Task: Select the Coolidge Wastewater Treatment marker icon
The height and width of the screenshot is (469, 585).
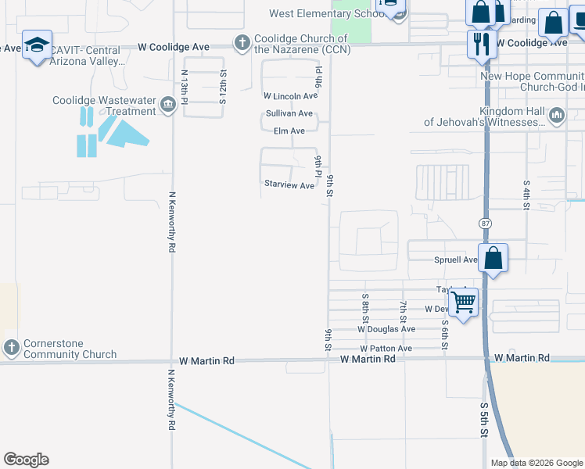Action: tap(167, 105)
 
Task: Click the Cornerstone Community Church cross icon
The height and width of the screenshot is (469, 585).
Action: tap(11, 347)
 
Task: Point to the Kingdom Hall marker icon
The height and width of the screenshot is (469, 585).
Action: tap(557, 116)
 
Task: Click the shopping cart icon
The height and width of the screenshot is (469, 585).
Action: tap(464, 301)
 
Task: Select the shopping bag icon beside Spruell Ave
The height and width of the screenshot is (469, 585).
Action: tap(493, 258)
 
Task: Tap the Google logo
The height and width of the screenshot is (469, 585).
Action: tap(26, 460)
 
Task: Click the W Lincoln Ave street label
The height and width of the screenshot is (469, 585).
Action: tap(290, 96)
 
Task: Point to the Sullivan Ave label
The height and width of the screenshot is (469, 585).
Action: tap(289, 113)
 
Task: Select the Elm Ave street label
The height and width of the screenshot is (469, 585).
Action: tap(289, 131)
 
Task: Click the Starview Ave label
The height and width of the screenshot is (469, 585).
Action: tap(289, 185)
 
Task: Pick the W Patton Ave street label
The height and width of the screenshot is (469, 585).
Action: tap(386, 348)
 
